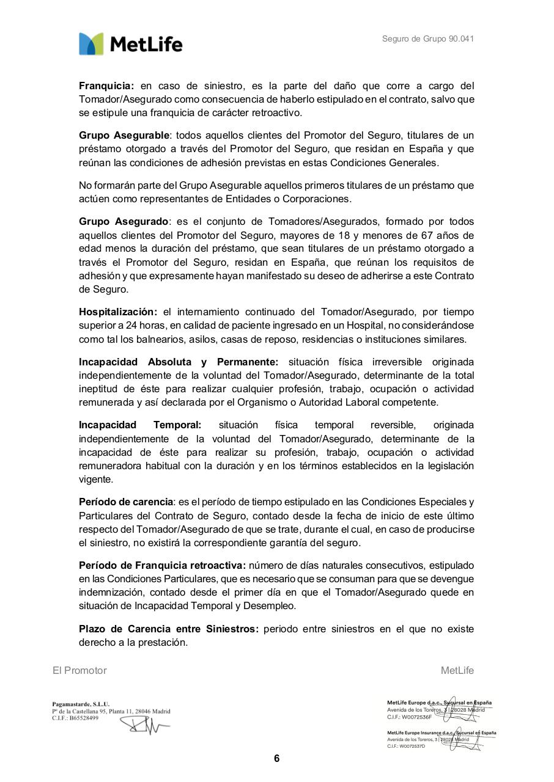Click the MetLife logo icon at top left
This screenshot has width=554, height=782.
tap(91, 44)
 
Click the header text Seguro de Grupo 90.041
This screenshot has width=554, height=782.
tap(428, 39)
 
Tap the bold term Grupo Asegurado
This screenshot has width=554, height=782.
tap(123, 221)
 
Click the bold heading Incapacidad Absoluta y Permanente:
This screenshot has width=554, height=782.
tap(179, 362)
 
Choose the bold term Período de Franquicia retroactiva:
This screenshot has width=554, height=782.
tap(162, 565)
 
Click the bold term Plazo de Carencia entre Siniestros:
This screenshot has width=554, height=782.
tap(169, 629)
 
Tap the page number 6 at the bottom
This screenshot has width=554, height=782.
tap(276, 759)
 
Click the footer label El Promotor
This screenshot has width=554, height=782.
tap(79, 670)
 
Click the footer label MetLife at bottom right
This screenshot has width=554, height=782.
tap(457, 670)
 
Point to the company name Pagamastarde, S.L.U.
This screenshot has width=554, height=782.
tap(81, 704)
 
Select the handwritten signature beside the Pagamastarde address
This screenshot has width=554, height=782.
tap(145, 725)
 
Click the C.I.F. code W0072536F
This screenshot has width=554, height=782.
tap(416, 717)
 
